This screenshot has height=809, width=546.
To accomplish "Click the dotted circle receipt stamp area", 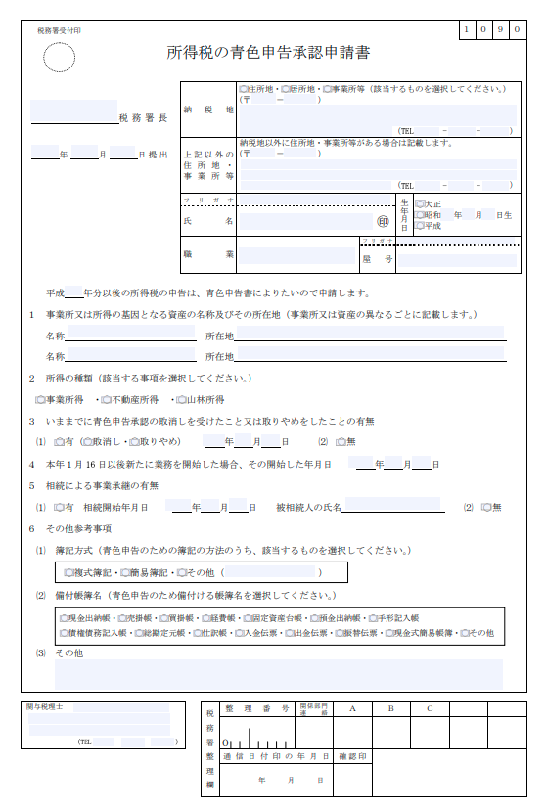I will [60, 58].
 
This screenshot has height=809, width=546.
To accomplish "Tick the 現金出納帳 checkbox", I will [64, 618].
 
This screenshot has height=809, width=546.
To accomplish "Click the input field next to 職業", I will [296, 254].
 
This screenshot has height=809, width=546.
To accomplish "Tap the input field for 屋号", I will [455, 260].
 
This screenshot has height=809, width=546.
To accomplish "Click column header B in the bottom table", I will [390, 707].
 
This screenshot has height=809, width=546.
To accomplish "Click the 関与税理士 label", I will [45, 706].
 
